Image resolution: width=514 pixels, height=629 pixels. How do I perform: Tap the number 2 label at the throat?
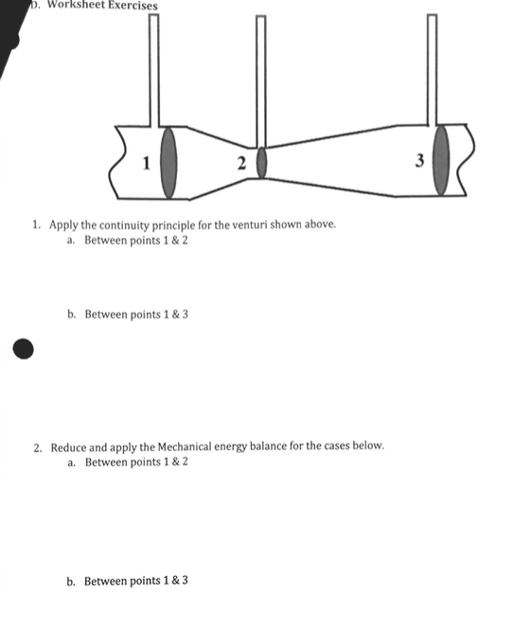coord(242,165)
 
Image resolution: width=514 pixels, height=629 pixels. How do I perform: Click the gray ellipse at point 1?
coord(169,162)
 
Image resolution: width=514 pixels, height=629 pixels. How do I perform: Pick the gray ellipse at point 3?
coord(441,162)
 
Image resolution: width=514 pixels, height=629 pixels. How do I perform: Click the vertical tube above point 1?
coord(153,66)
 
